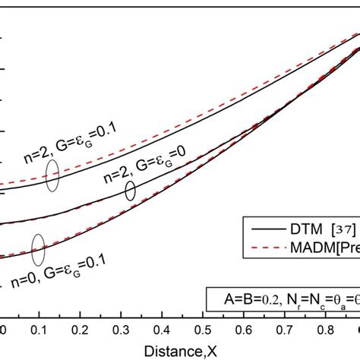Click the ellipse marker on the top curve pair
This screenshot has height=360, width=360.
coord(52,176)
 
